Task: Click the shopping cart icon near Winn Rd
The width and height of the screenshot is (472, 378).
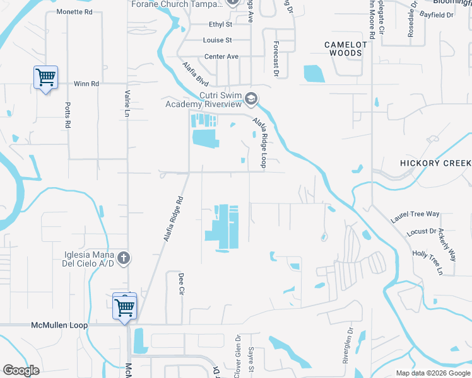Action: [x=45, y=77]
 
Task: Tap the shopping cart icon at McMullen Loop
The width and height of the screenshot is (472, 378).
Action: [x=125, y=307]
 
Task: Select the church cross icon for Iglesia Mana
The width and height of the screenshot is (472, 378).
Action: [x=124, y=258]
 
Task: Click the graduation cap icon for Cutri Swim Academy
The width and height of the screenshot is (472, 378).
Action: [x=251, y=99]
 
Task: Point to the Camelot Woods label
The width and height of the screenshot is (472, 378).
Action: [x=345, y=49]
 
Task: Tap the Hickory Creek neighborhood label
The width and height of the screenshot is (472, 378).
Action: [x=435, y=163]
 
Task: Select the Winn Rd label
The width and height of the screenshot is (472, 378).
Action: [x=86, y=83]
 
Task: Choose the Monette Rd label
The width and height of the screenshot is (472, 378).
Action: [x=74, y=12]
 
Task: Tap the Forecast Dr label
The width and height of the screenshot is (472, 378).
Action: [x=276, y=60]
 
